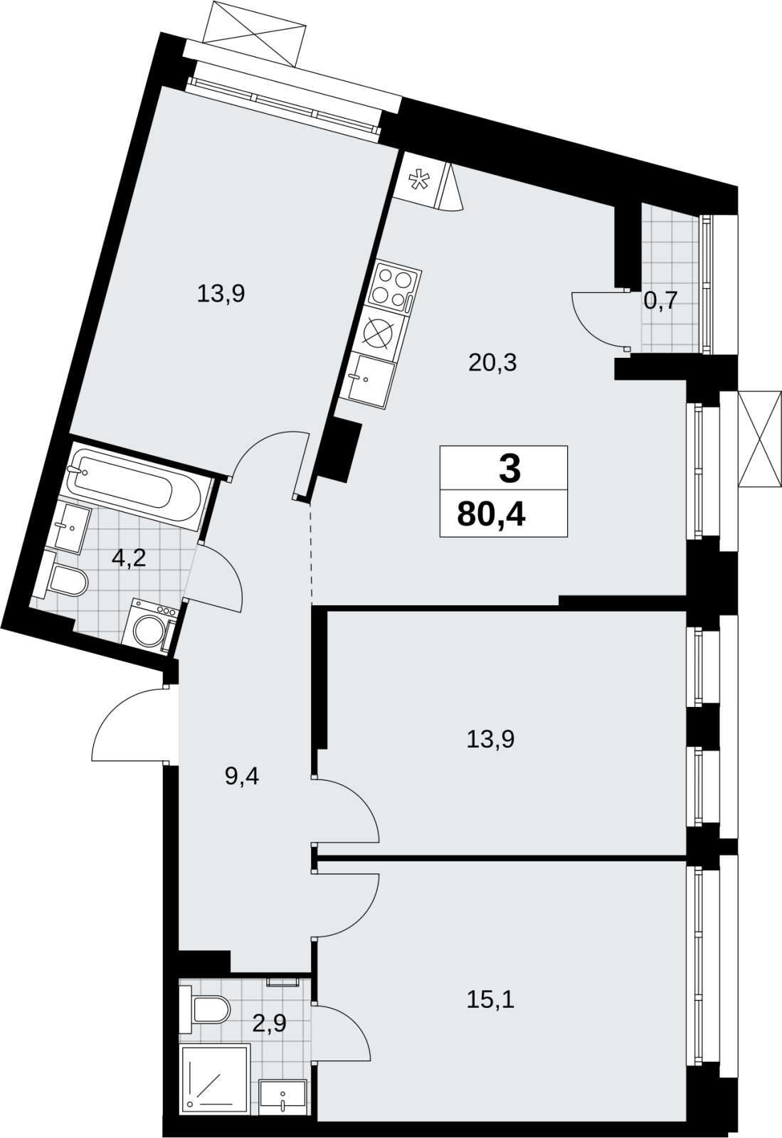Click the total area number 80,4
click(492, 514)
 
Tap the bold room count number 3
click(509, 469)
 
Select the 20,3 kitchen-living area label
click(492, 363)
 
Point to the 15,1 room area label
click(491, 999)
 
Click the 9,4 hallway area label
click(242, 777)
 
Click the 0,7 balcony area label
click(660, 302)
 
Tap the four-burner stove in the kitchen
click(393, 289)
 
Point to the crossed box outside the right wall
click(760, 439)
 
